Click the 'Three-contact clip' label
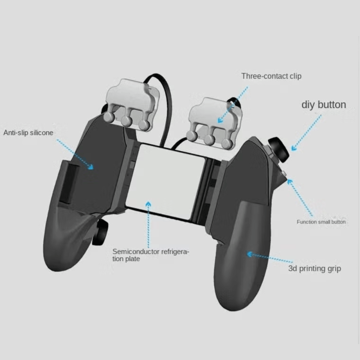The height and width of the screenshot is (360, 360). (x=271, y=76)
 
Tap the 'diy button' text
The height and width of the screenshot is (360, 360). (x=323, y=105)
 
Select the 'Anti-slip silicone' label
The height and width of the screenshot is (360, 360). (x=28, y=133)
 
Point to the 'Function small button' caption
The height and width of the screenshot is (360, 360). (x=321, y=222)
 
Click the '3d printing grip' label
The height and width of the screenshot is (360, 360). (x=314, y=269)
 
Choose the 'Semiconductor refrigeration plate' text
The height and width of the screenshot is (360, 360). (x=150, y=255)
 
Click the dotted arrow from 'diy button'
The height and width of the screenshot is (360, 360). (x=306, y=132)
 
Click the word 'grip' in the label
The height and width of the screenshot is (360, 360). (x=333, y=269)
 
